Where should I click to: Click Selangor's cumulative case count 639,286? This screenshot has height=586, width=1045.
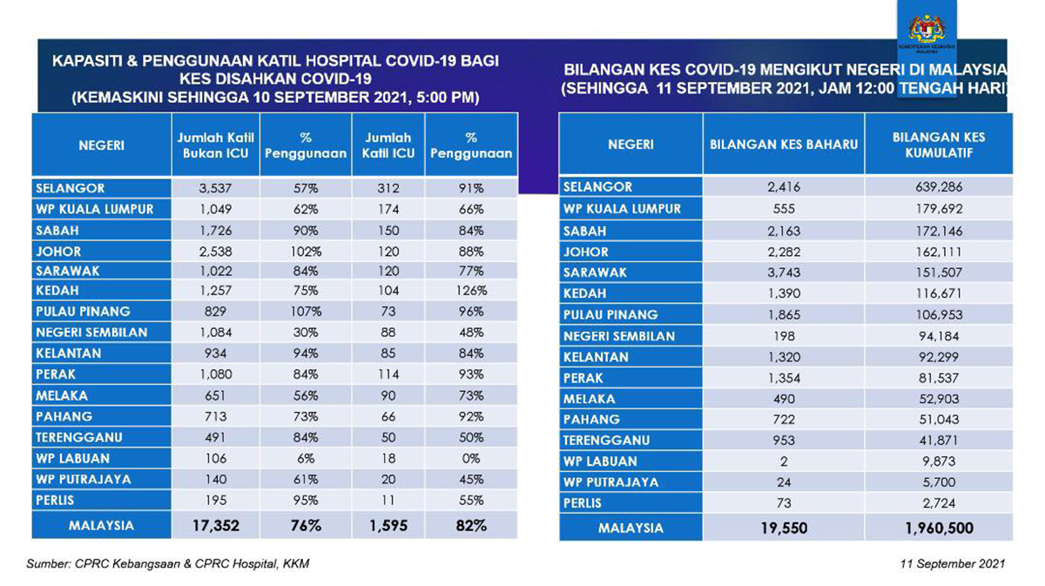938,187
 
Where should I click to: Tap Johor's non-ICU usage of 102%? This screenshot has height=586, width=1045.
306,250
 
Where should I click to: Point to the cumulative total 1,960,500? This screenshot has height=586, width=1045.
937,528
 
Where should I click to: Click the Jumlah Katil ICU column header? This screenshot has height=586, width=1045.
389,145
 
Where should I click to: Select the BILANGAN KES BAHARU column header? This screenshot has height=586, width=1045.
783,145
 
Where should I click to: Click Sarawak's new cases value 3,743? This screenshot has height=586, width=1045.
783,273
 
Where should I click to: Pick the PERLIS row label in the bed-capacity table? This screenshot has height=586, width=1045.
55,501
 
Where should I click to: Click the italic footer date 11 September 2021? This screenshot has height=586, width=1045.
954,564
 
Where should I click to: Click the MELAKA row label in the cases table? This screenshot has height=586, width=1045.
589,399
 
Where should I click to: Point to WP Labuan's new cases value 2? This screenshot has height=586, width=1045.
782,461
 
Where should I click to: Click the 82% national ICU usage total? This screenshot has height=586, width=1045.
470,525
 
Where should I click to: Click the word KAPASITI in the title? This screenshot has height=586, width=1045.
89,63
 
